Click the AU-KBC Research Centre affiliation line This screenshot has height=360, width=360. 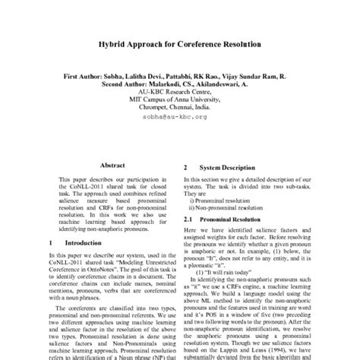(180, 95)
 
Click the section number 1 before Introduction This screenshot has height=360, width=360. (50, 242)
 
